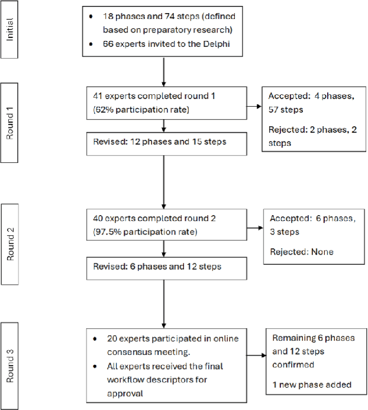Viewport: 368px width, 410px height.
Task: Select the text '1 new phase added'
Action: pos(312,385)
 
